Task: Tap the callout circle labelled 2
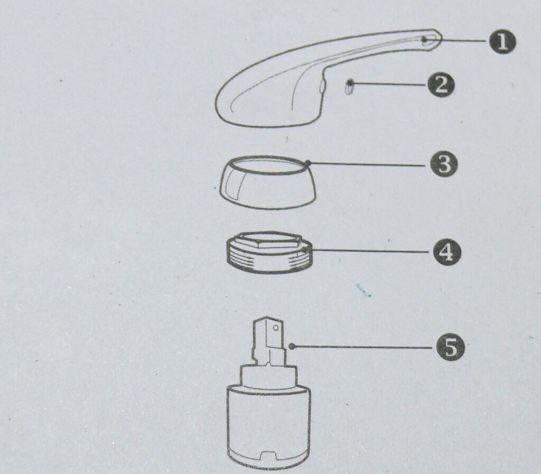441,85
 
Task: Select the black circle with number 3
444,164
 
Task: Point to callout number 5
451,347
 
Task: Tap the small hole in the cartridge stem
275,328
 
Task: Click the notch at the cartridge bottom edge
268,457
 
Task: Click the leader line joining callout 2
388,83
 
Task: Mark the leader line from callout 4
368,250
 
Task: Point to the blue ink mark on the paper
363,291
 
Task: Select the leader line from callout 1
455,40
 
